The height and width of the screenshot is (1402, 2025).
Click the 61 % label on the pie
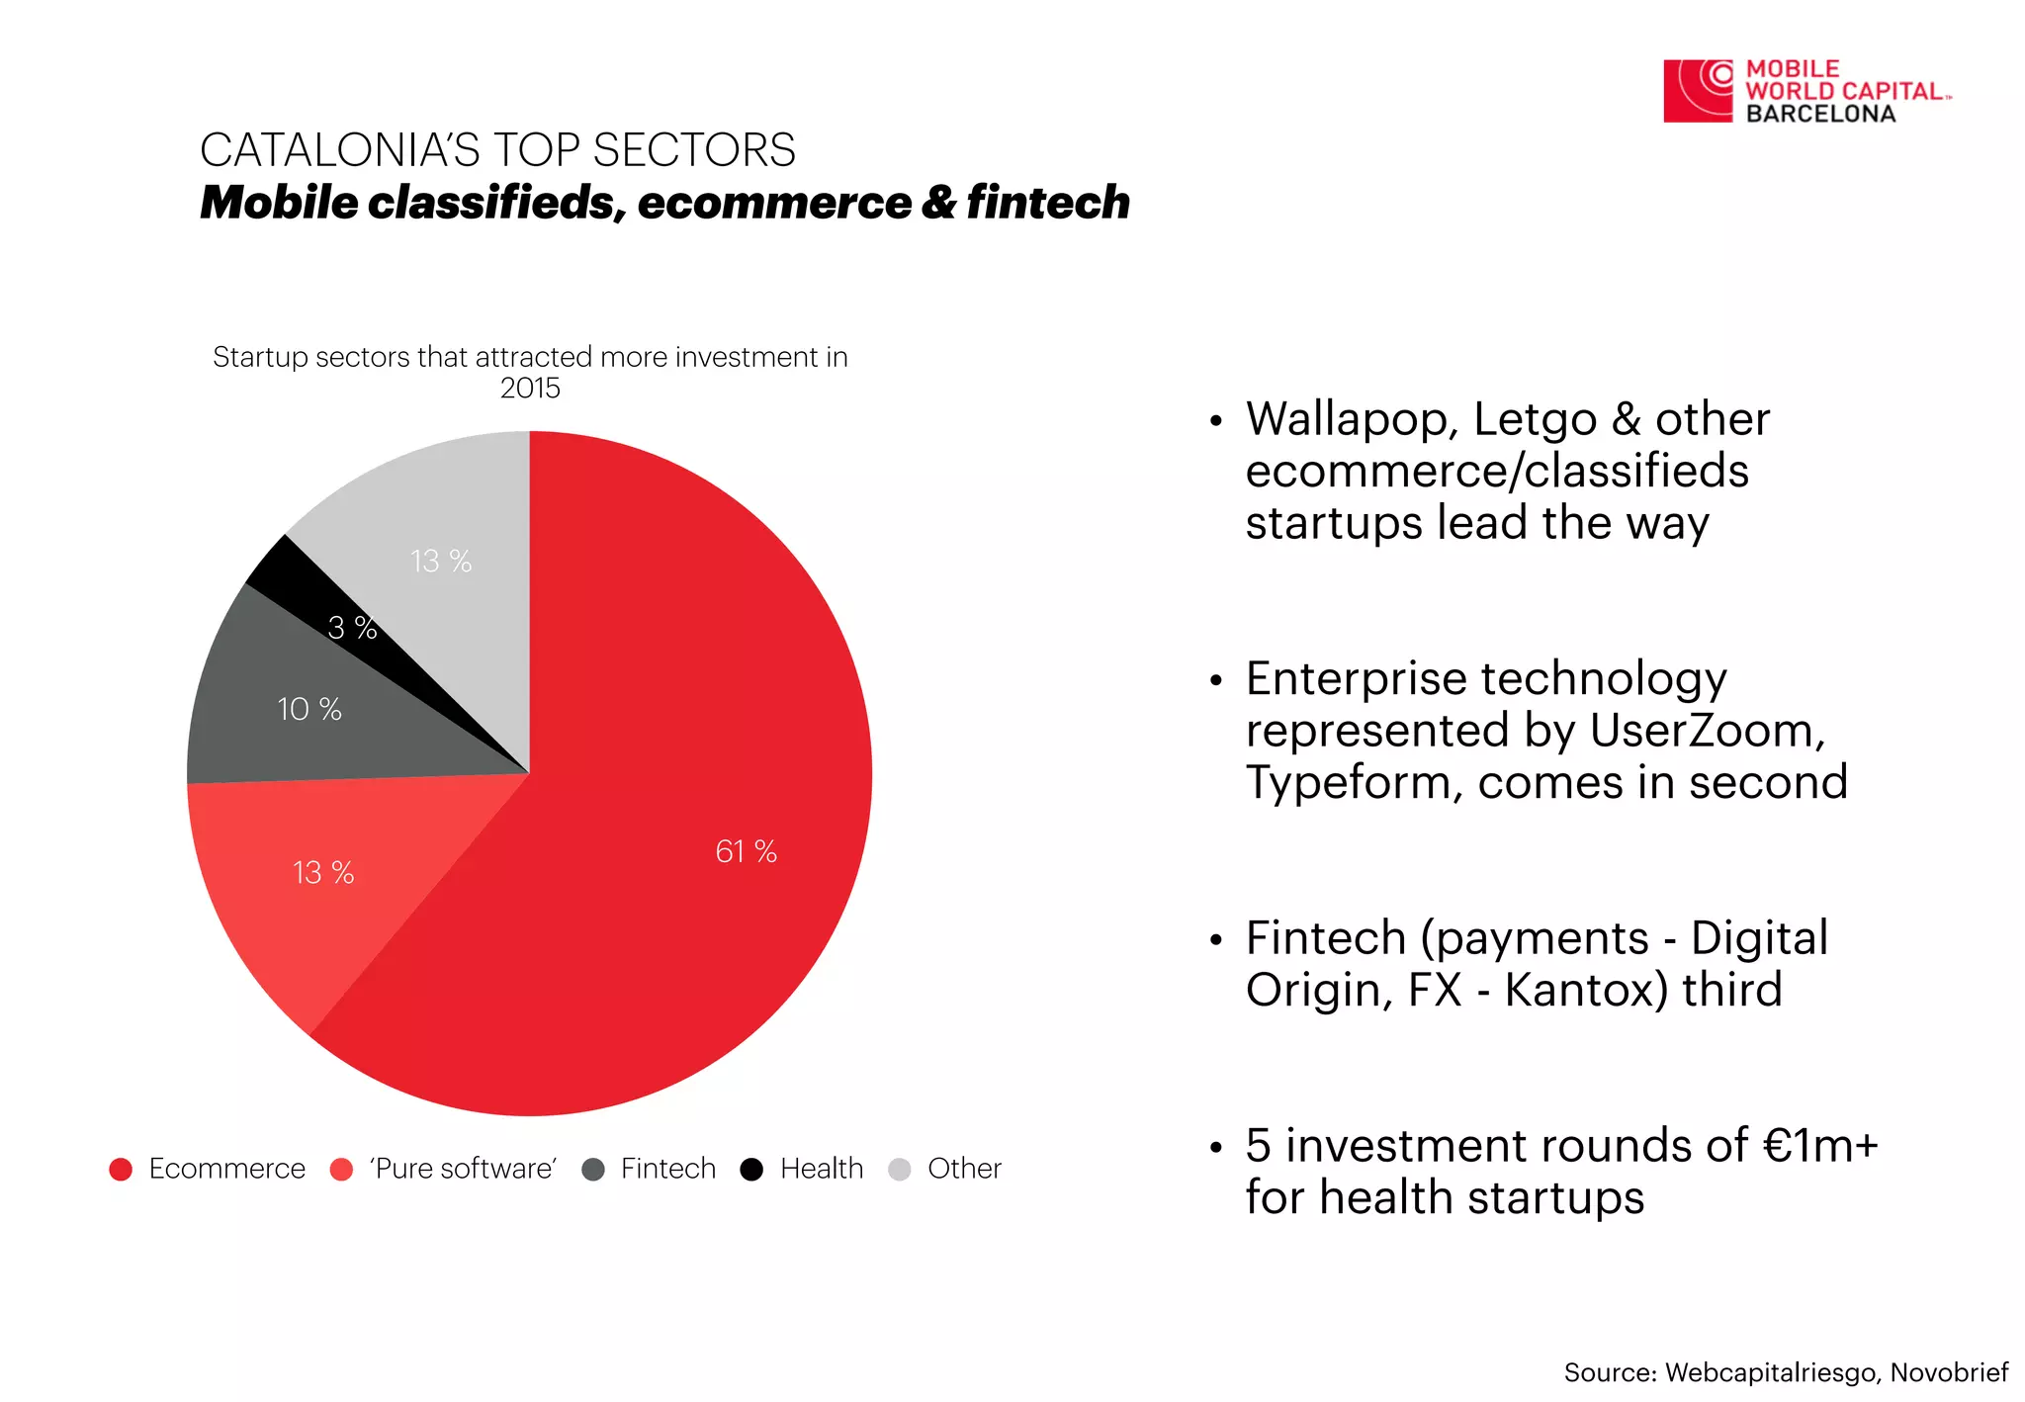point(746,851)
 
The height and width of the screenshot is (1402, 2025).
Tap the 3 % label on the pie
point(353,628)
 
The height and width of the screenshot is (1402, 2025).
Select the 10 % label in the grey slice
point(309,709)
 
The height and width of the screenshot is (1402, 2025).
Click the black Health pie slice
point(297,583)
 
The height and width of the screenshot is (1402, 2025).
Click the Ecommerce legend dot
point(121,1170)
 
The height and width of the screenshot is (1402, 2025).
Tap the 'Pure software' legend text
point(463,1169)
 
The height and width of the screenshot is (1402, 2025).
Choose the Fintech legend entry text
point(668,1169)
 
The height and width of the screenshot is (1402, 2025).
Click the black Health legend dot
point(751,1170)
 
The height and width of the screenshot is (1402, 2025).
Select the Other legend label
point(964,1169)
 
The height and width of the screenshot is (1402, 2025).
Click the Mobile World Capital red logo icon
point(1698,91)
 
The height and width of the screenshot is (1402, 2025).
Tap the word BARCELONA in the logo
point(1820,114)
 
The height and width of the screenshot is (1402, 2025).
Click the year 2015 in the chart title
point(530,388)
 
